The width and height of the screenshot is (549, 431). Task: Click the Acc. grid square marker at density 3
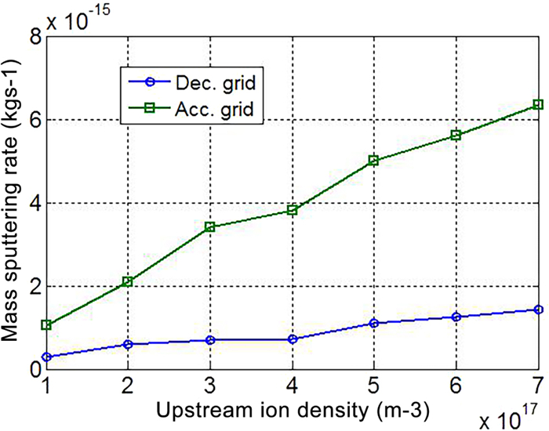tap(209, 227)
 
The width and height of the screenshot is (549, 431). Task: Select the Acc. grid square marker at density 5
tap(374, 161)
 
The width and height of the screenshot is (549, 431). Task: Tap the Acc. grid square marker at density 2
tap(127, 281)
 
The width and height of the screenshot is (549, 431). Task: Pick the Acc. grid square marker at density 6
tap(456, 136)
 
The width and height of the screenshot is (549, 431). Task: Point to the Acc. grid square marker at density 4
tap(292, 210)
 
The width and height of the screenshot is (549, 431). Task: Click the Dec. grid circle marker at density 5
tap(374, 323)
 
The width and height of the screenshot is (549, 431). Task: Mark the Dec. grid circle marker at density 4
tap(292, 339)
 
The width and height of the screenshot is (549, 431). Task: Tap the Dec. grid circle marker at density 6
tap(456, 317)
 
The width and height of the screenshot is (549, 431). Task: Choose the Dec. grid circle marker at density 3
tap(209, 340)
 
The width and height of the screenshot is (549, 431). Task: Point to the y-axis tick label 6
tap(31, 121)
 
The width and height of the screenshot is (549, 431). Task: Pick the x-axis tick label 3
tap(209, 386)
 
